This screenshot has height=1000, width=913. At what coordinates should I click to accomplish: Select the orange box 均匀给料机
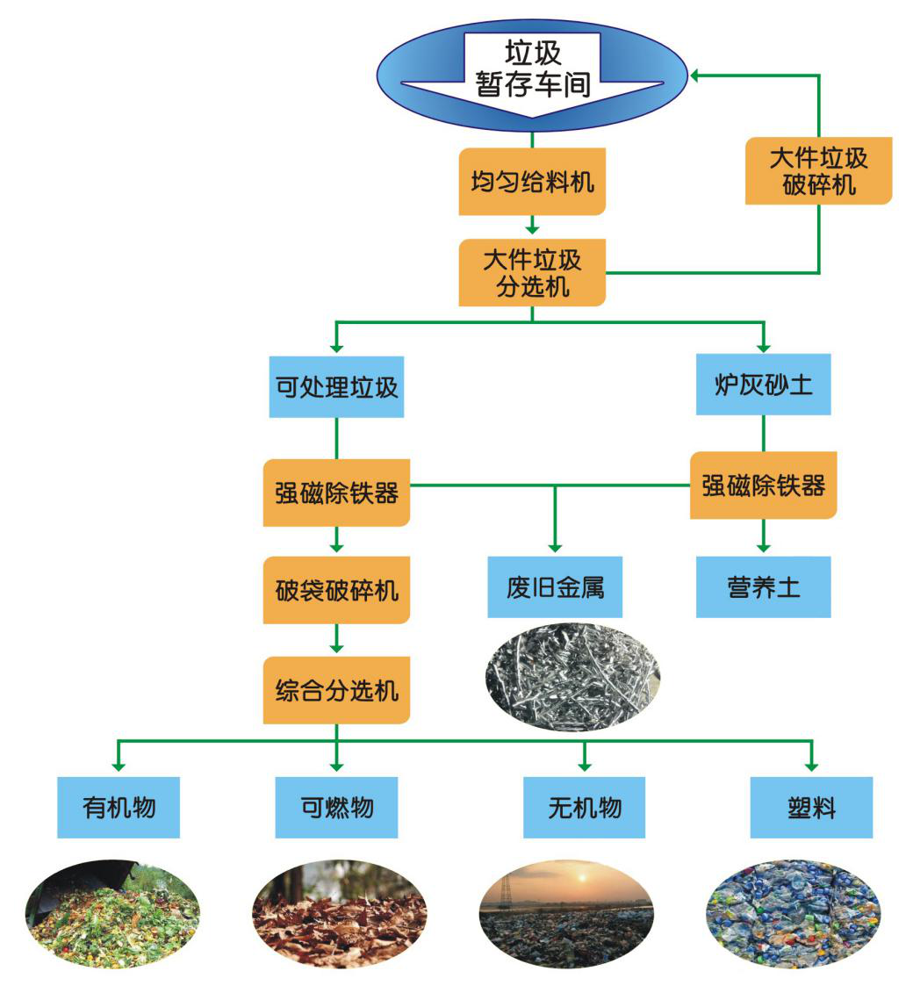(x=532, y=182)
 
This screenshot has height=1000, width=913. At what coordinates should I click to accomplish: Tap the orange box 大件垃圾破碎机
(x=818, y=171)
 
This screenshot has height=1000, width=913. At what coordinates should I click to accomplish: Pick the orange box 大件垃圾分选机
(x=532, y=272)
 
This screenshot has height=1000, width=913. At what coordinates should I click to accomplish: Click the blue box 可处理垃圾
(x=336, y=386)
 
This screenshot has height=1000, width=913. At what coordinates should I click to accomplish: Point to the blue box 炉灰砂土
(x=763, y=385)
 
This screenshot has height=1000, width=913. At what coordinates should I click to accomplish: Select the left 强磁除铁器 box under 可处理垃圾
(x=336, y=493)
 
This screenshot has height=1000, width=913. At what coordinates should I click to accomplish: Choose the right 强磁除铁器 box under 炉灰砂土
(x=763, y=486)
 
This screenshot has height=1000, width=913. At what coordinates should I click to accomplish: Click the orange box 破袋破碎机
(x=336, y=590)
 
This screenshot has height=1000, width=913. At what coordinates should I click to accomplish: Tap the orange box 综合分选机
(x=336, y=691)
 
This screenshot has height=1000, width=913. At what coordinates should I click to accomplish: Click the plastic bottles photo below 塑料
(x=793, y=914)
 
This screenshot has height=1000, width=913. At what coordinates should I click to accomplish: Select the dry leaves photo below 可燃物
(x=340, y=914)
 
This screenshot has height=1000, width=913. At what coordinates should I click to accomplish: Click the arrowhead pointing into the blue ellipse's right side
(x=695, y=76)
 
